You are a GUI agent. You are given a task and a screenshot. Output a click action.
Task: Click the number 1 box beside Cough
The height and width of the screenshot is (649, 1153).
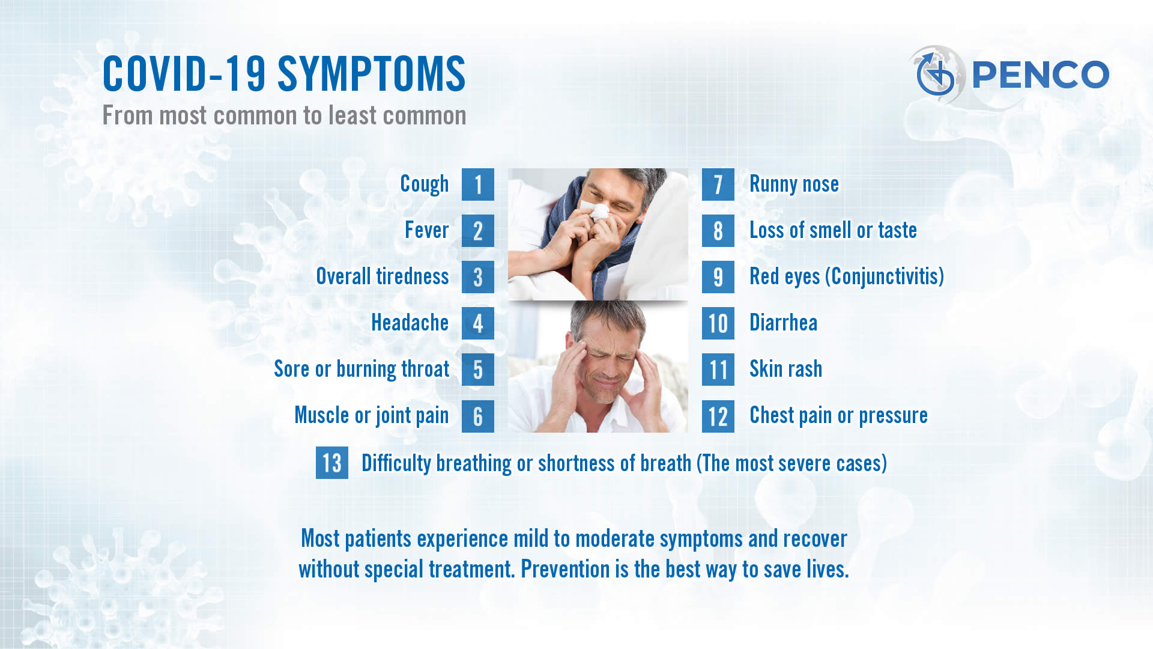pos(478,184)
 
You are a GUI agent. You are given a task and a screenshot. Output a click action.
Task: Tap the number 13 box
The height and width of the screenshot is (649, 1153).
pos(332,463)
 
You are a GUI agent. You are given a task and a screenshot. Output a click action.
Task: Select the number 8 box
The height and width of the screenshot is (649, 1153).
pos(718,231)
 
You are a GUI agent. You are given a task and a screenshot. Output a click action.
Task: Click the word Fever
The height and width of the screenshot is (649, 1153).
pos(426,230)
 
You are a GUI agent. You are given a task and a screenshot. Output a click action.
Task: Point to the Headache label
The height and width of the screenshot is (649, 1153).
pos(410,323)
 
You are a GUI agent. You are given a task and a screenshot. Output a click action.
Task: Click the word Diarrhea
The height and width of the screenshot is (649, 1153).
pos(783,323)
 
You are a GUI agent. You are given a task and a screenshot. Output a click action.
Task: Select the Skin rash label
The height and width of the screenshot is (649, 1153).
pos(785,369)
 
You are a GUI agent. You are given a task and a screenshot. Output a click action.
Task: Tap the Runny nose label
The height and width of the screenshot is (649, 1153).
pos(794,184)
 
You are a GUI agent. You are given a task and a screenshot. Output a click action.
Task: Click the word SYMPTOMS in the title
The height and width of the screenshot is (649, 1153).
pos(371,74)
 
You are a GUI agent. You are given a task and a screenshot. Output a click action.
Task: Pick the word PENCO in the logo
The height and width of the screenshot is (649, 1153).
pos(1040,75)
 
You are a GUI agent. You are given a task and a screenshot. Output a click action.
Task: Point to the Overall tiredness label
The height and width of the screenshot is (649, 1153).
pos(383,276)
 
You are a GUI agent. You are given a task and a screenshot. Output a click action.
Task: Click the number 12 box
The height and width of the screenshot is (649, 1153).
pos(718,416)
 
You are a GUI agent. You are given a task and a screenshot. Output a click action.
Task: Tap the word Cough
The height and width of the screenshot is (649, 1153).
pos(425,184)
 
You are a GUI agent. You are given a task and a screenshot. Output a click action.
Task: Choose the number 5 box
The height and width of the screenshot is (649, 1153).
pos(478,370)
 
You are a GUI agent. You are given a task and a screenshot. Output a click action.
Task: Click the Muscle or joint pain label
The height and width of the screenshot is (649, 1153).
pos(372,416)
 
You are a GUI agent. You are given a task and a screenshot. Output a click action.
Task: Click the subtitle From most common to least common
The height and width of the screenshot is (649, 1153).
pos(284,115)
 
